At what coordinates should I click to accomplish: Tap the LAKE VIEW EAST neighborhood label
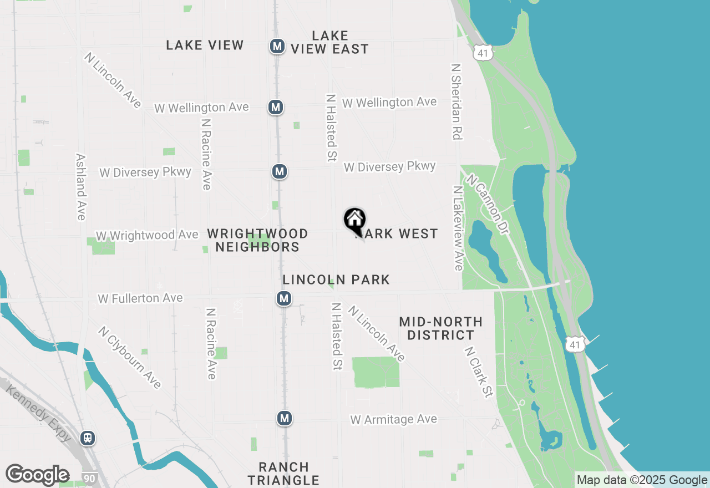tap(330, 43)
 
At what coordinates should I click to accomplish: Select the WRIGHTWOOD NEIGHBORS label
tap(257, 240)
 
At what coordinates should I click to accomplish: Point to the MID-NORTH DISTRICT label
tap(440, 328)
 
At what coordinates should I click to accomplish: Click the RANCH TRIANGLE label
tap(283, 474)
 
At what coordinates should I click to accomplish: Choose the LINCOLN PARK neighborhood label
tap(336, 279)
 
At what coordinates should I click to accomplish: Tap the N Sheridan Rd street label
tap(457, 101)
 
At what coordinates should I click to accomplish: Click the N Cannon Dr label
tap(488, 204)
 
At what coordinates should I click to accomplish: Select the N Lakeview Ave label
tap(458, 228)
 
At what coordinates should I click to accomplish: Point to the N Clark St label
tap(479, 372)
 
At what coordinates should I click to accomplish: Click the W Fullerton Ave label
tap(140, 298)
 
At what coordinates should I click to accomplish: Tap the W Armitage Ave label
tap(394, 419)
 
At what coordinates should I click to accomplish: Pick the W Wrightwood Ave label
tap(147, 235)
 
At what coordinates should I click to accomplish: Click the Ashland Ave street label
tap(81, 187)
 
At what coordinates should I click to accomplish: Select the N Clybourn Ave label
tap(130, 357)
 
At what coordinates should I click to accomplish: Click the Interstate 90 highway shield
tap(88, 477)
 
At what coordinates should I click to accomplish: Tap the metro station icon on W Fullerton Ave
tap(284, 299)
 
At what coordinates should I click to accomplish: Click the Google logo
tap(37, 475)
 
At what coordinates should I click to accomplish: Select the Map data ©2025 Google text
tap(642, 480)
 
